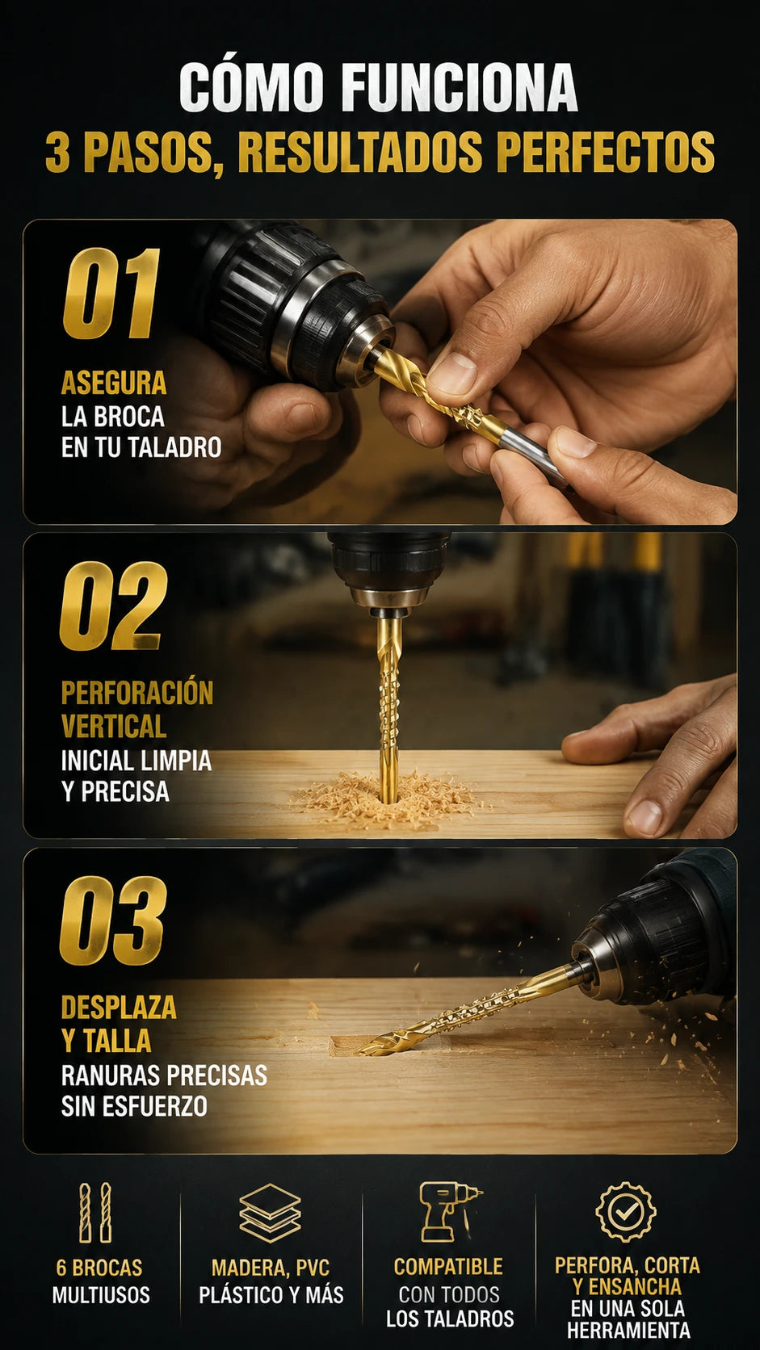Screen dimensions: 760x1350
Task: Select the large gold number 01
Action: coord(111,294)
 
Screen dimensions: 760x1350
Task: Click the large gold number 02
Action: coord(113,606)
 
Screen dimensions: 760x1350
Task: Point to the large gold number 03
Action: coord(113,920)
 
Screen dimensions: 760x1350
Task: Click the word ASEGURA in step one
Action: coord(113,383)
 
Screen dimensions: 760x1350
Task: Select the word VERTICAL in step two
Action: coord(113,727)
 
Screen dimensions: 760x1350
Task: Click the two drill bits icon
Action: coord(96,1213)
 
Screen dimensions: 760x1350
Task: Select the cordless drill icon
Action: coord(450,1211)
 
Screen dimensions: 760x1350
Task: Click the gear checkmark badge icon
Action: coord(626,1211)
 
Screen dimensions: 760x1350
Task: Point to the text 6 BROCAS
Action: coord(99,1268)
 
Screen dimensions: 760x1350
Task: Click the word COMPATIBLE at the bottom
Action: coord(448,1266)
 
